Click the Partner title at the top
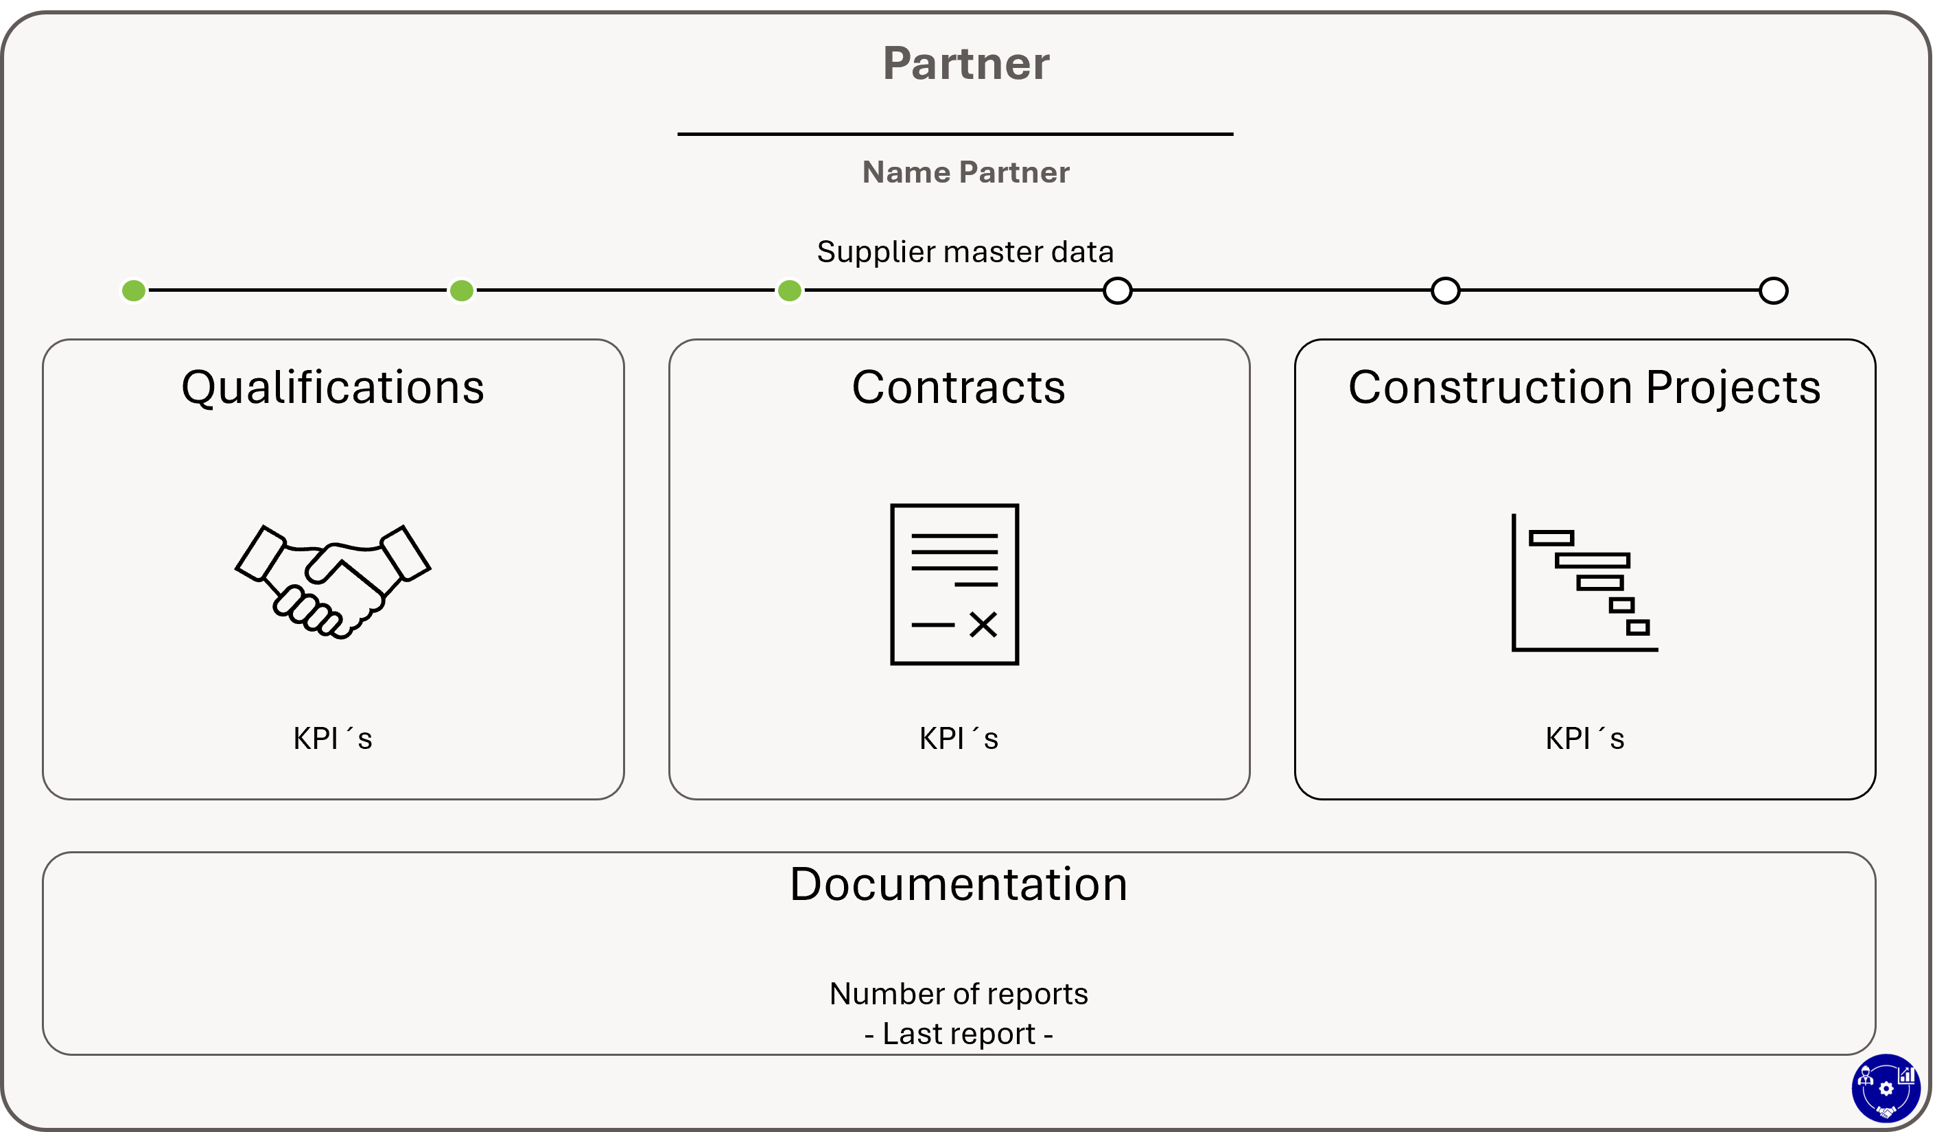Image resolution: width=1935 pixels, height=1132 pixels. (966, 63)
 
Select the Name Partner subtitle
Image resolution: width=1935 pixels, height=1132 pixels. (966, 172)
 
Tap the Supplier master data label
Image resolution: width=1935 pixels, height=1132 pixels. (965, 252)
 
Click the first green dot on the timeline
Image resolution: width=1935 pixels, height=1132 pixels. (134, 291)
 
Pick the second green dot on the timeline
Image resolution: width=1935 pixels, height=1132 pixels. (462, 291)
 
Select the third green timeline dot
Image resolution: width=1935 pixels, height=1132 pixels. (789, 291)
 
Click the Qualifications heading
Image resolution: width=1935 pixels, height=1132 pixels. (333, 387)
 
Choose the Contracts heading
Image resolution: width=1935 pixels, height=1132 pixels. (959, 387)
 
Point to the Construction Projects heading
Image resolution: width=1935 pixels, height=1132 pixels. (1585, 387)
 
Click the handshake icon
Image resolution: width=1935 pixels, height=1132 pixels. (333, 582)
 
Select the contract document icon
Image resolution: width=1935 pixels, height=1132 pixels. (954, 584)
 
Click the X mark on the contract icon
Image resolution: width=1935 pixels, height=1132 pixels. (983, 625)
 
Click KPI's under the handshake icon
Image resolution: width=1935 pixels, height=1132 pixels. (333, 739)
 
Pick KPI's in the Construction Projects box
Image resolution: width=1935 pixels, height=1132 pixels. (1585, 739)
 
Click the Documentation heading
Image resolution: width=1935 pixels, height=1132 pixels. (959, 884)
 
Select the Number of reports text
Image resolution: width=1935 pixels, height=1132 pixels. (959, 994)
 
